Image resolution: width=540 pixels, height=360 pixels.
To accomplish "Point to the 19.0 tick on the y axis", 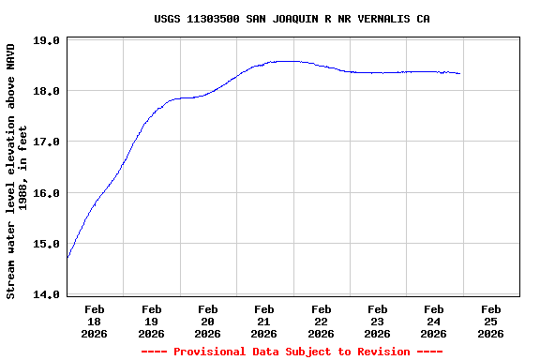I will (47, 41).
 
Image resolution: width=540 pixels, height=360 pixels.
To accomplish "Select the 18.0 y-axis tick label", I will (47, 92).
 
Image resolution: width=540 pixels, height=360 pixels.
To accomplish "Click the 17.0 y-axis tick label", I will (47, 142).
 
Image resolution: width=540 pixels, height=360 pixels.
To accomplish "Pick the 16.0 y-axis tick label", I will (47, 193).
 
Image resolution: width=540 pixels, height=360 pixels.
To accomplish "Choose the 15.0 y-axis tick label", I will (47, 244).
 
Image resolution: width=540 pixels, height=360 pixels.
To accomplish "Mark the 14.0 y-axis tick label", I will (47, 294).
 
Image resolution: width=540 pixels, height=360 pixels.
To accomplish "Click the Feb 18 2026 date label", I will (95, 321).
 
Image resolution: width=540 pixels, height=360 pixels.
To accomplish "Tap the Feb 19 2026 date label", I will (151, 321).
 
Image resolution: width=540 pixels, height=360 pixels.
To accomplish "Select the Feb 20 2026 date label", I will (207, 321).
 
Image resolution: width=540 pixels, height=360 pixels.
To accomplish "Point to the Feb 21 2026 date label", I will (264, 321).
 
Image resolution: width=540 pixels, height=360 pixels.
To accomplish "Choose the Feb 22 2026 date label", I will (321, 321).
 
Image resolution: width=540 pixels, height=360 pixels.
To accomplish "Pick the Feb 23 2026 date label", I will (377, 321).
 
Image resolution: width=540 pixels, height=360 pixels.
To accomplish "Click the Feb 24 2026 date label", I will (433, 321).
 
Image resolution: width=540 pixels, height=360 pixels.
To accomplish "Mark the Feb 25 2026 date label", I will (490, 321).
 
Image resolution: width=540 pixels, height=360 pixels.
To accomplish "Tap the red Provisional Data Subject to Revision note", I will (292, 352).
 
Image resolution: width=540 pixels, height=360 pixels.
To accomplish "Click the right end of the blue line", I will (459, 73).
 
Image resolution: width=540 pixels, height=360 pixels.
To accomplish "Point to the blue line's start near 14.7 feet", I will (67, 257).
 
